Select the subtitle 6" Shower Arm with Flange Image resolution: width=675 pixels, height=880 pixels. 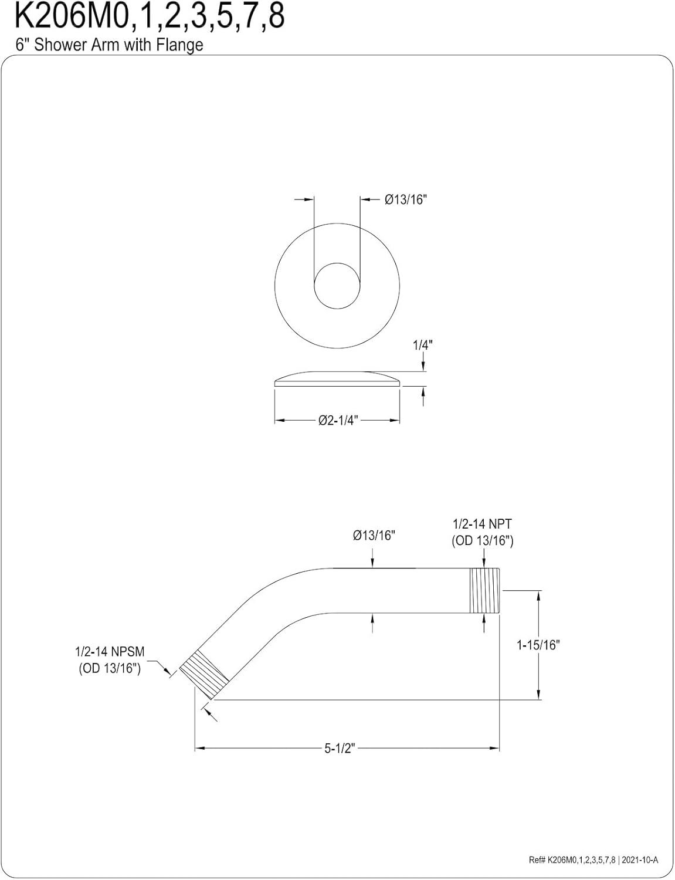coord(109,45)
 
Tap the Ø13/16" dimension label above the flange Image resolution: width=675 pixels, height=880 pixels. coord(406,199)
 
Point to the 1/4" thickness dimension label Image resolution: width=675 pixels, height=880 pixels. coord(423,346)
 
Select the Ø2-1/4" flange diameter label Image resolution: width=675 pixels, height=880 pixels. coord(338,421)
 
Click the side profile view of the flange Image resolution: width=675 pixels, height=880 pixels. coord(337,378)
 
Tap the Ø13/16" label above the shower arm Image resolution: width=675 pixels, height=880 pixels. coord(374,536)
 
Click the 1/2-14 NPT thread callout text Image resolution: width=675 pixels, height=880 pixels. coord(483,524)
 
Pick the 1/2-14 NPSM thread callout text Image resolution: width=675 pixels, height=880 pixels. coord(110,652)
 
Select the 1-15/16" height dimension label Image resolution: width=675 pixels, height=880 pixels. coord(538,644)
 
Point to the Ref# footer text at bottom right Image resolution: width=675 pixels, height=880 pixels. coord(593,859)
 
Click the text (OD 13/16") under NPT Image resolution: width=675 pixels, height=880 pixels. coord(483,541)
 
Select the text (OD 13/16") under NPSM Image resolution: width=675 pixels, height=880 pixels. coord(110,668)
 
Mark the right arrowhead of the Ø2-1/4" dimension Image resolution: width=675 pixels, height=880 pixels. coord(395,421)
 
